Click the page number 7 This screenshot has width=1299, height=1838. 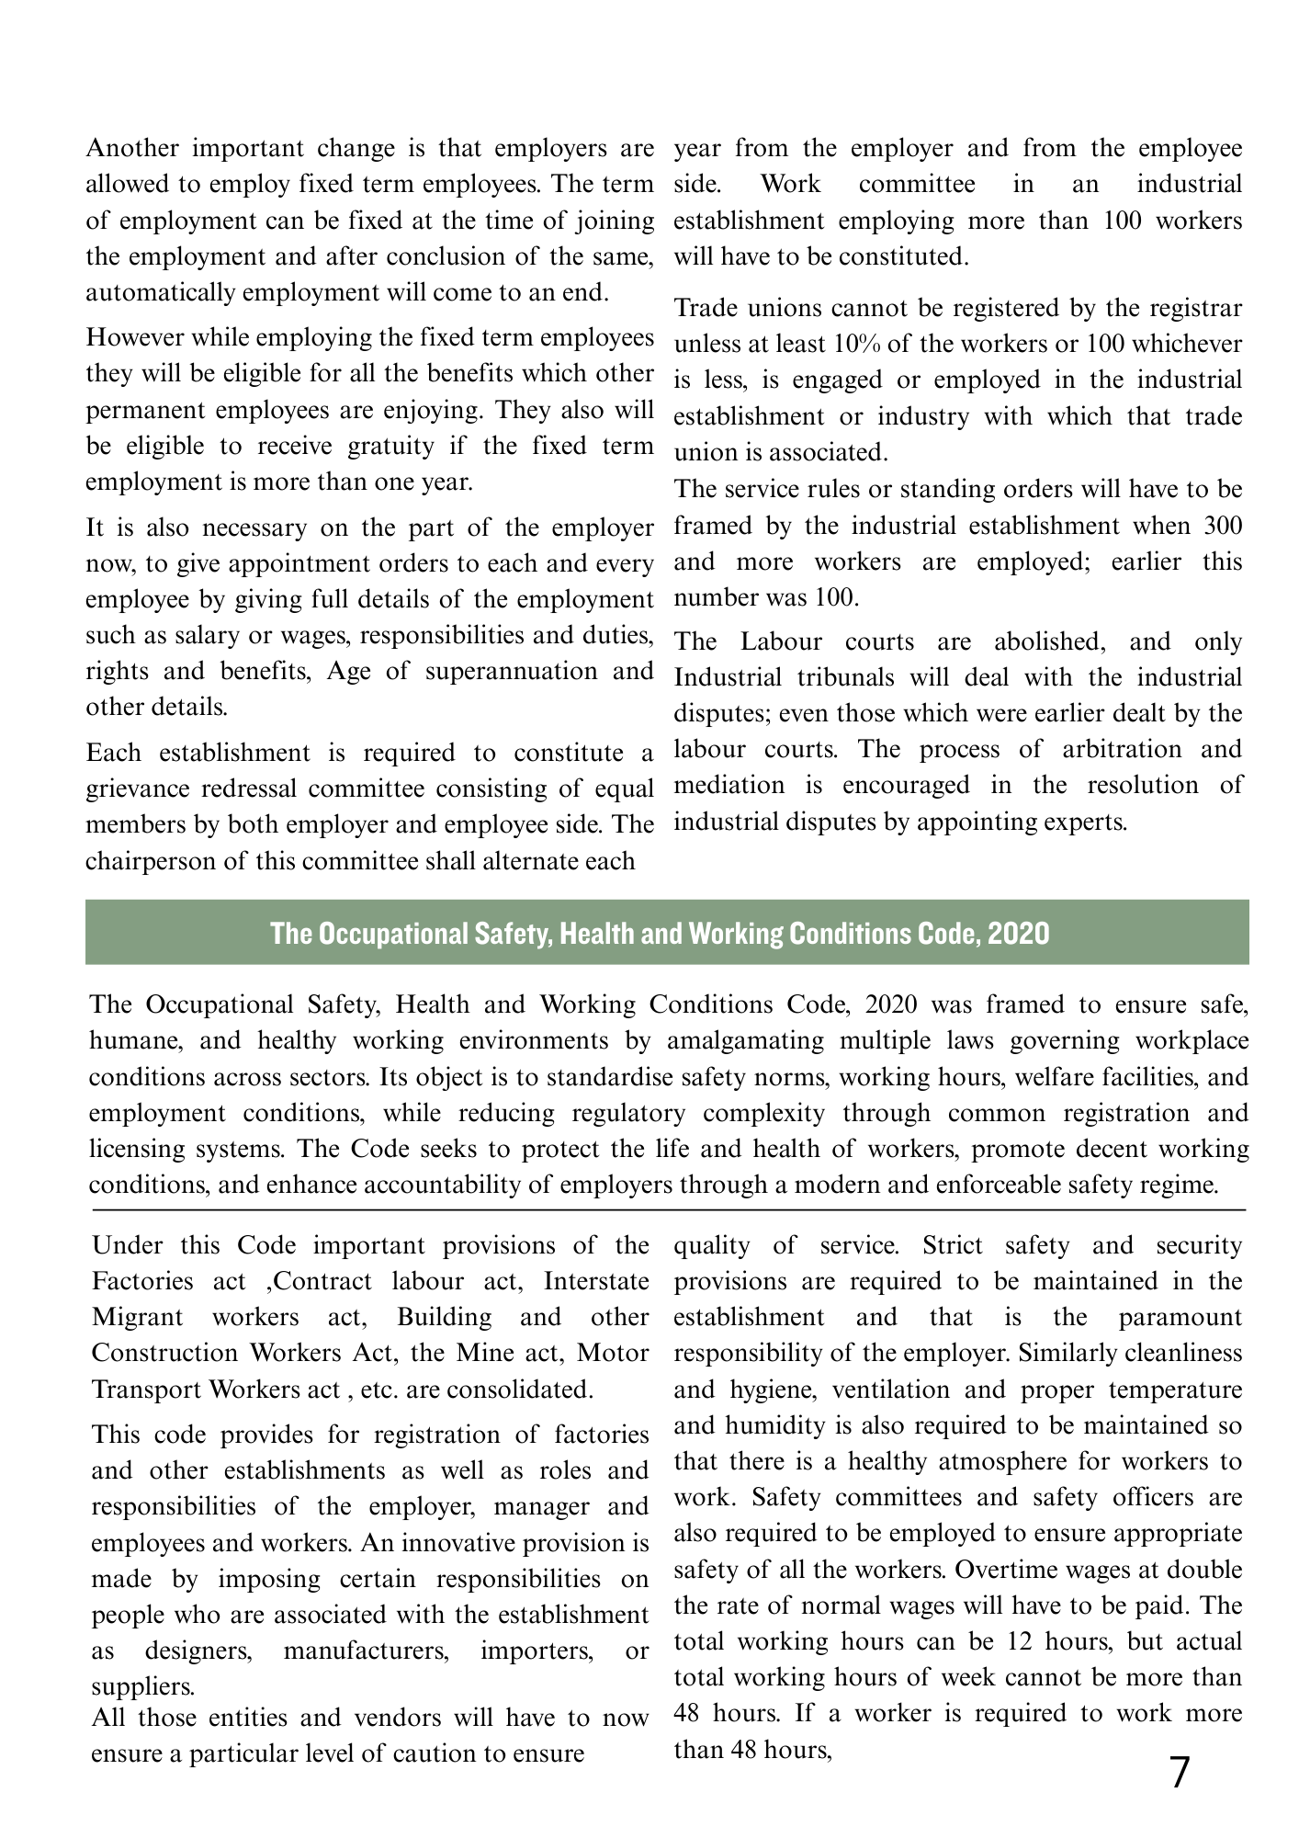1180,1774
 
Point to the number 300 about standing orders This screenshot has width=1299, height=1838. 1222,526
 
